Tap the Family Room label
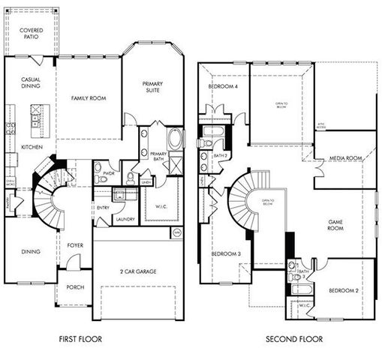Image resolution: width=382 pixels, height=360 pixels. (x=87, y=98)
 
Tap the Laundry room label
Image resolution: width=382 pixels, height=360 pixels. (x=125, y=219)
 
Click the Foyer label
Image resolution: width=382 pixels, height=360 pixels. (x=75, y=244)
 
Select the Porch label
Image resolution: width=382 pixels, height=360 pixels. (x=74, y=286)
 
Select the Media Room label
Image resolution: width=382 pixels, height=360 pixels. (x=346, y=158)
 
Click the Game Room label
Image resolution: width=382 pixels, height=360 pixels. (x=335, y=227)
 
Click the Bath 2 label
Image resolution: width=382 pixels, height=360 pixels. (x=220, y=155)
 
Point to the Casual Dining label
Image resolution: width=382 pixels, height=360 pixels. (x=30, y=82)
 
